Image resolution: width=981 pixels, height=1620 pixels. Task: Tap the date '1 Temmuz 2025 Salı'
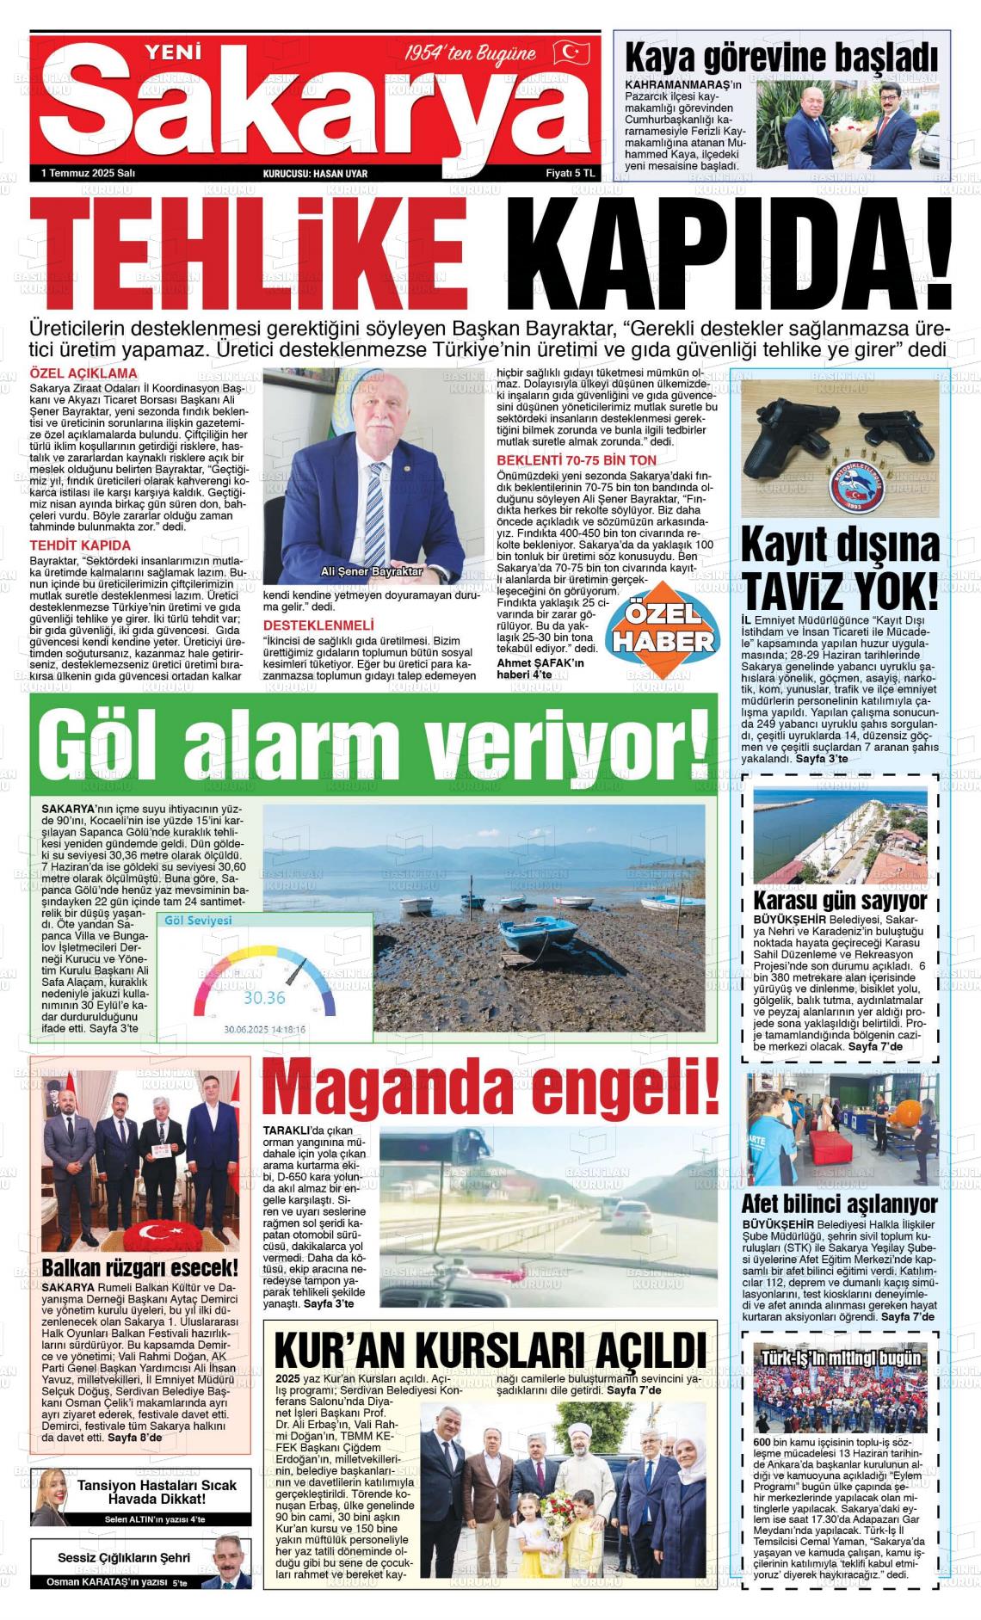pos(89,173)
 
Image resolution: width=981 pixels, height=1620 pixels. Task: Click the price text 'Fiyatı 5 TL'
pos(571,173)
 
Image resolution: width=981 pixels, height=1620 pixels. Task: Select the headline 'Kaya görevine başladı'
pos(780,59)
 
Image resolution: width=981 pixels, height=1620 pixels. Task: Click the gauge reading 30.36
pos(264,998)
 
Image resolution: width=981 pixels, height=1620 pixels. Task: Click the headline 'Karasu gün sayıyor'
pos(840,901)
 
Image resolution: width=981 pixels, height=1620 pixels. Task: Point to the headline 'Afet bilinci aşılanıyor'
pos(839,1204)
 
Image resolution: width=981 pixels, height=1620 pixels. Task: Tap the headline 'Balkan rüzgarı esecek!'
pos(140,1268)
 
